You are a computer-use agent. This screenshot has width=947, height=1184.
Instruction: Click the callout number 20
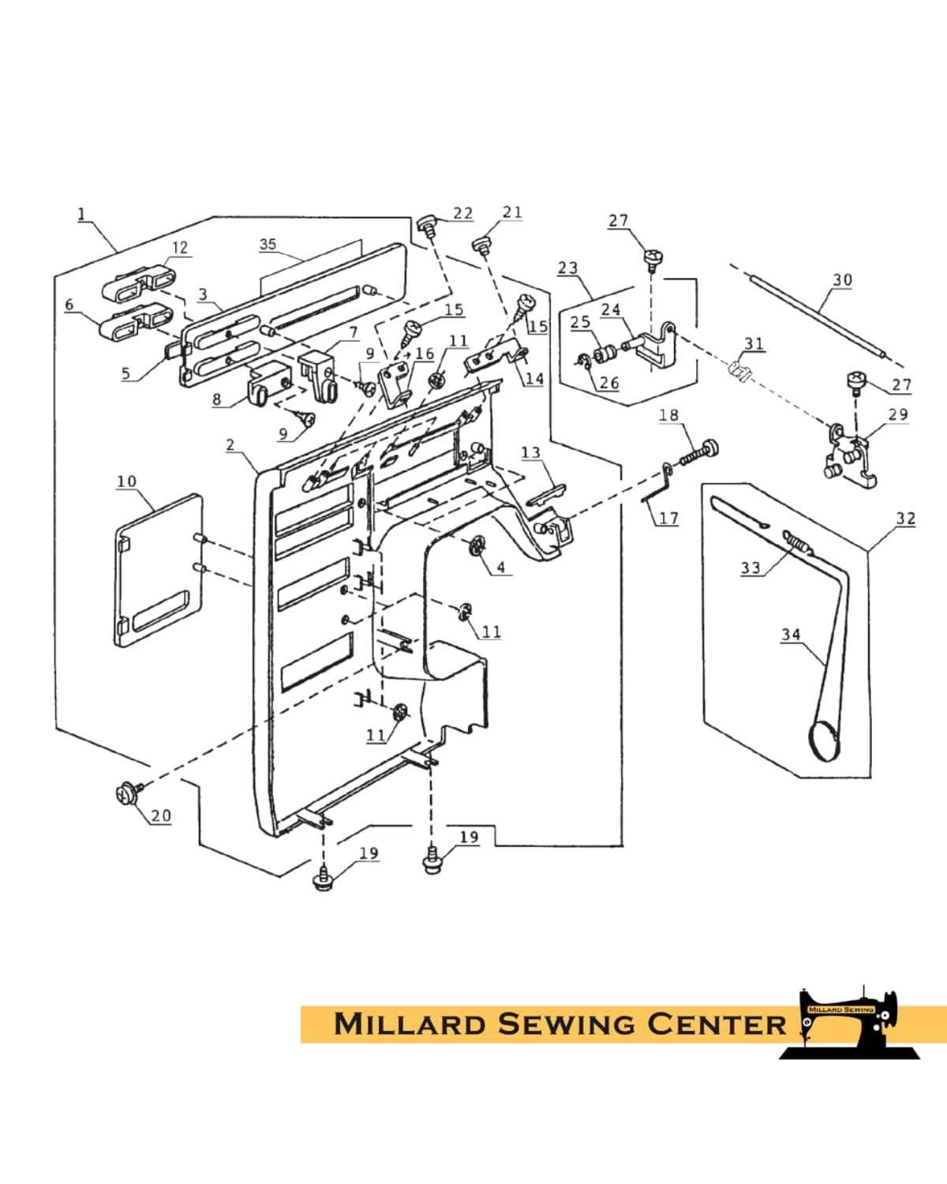click(x=161, y=815)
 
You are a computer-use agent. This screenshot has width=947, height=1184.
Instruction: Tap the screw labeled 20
click(x=126, y=792)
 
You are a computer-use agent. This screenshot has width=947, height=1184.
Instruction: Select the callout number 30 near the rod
click(x=843, y=279)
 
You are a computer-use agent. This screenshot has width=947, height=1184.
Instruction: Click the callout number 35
click(x=268, y=244)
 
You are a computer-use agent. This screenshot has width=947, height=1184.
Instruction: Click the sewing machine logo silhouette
click(x=852, y=1022)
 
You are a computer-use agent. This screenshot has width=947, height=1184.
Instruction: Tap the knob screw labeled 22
click(x=428, y=223)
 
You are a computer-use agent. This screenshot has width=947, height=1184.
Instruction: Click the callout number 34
click(x=791, y=634)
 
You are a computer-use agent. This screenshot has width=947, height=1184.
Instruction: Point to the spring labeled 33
click(x=798, y=542)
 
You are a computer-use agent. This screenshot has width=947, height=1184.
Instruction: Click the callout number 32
click(x=906, y=518)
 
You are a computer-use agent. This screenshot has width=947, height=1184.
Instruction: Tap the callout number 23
click(x=568, y=268)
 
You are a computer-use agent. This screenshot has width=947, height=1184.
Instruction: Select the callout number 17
click(x=668, y=519)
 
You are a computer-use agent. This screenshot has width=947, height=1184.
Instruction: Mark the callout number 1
click(x=81, y=214)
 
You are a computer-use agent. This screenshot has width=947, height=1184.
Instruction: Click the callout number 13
click(x=531, y=452)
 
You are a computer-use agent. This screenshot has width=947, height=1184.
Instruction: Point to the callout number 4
click(x=500, y=567)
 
